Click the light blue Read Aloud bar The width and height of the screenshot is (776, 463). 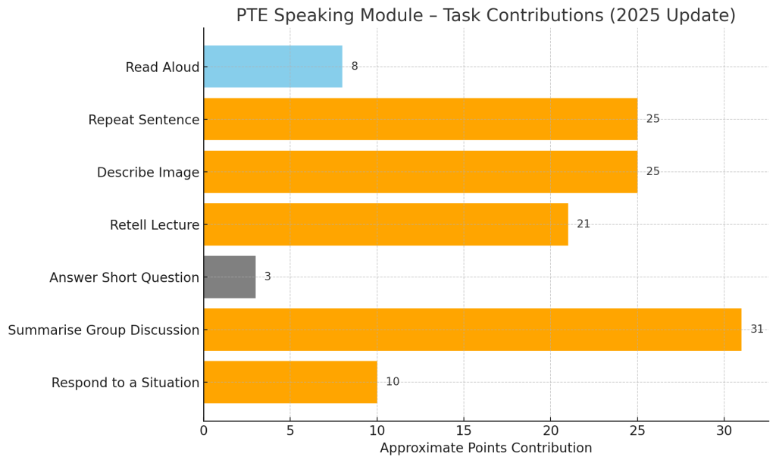click(273, 67)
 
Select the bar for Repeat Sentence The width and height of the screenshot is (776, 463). click(420, 119)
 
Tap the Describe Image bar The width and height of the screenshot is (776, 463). click(420, 172)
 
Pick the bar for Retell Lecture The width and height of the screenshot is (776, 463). click(386, 224)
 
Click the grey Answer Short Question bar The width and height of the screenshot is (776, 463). click(230, 277)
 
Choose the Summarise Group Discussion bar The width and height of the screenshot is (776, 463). click(472, 330)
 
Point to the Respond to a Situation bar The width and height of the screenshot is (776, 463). click(290, 382)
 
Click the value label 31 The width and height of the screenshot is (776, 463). click(757, 330)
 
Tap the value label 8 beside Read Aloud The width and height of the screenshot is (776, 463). click(355, 67)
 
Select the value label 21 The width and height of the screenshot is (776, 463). click(584, 224)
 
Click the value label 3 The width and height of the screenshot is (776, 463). click(268, 277)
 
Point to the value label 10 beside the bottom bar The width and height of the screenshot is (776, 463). click(393, 382)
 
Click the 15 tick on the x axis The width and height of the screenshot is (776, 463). click(464, 430)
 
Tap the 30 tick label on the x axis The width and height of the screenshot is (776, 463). click(724, 430)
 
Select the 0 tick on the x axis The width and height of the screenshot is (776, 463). click(204, 430)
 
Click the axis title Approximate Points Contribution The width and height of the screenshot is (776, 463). click(486, 449)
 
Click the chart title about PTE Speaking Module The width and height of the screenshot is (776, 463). click(486, 16)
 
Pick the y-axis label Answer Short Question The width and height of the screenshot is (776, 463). click(124, 278)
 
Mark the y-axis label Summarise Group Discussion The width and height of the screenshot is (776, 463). click(104, 330)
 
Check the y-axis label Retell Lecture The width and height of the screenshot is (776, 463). click(155, 225)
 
